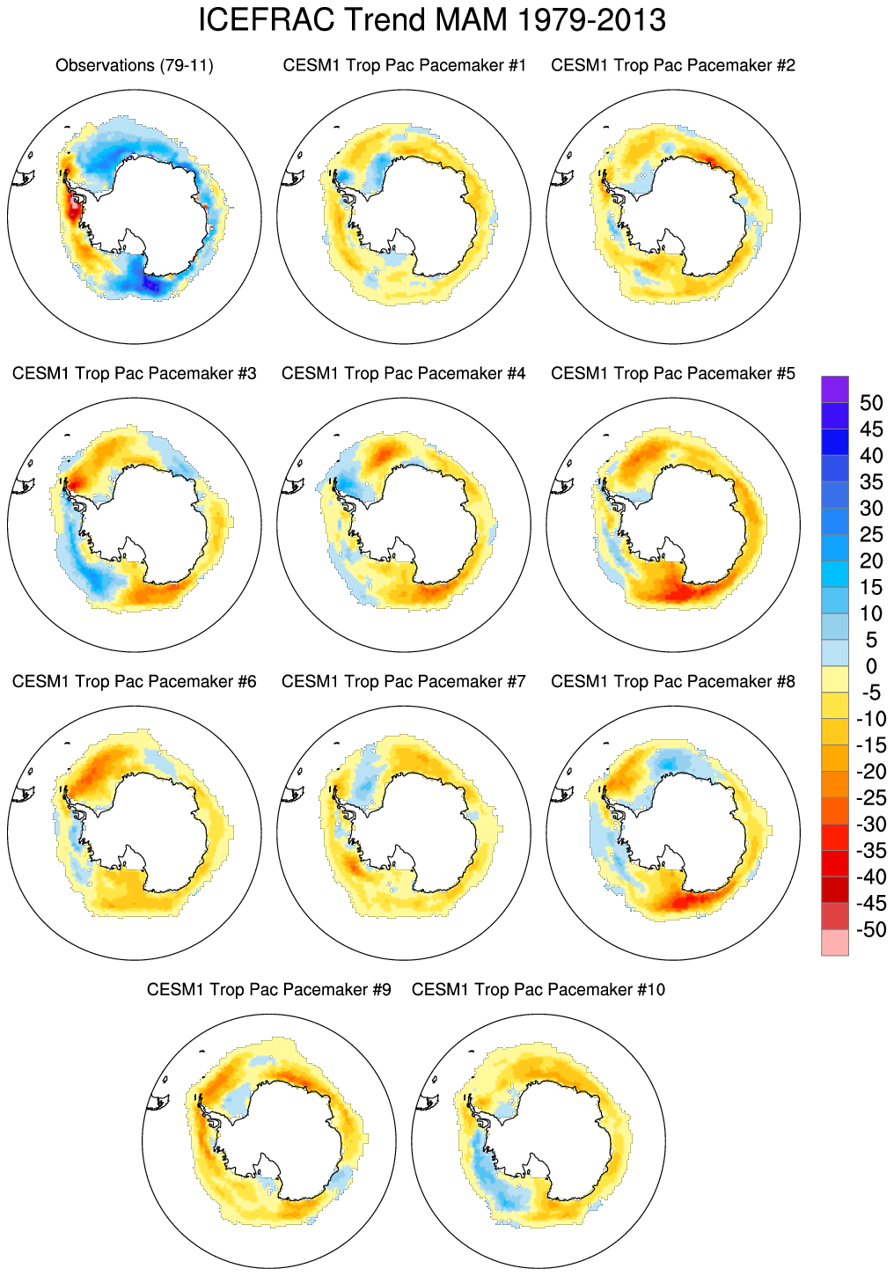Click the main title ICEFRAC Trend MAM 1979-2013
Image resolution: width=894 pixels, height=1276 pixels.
click(x=432, y=20)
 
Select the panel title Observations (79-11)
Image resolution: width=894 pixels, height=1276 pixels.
click(x=135, y=65)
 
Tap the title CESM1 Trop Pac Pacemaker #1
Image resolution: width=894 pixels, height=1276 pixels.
click(x=404, y=65)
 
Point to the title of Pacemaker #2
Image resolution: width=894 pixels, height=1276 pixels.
click(x=673, y=65)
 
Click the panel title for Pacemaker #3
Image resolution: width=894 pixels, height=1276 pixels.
click(x=135, y=373)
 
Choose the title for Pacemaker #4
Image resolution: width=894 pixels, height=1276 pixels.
click(x=404, y=373)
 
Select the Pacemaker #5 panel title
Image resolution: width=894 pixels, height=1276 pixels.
click(x=673, y=373)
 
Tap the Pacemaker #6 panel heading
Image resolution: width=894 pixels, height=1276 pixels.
click(x=135, y=681)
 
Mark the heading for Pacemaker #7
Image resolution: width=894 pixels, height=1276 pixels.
click(x=404, y=681)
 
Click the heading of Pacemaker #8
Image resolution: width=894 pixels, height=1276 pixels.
click(x=673, y=681)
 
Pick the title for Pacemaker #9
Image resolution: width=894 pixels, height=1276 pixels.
click(x=269, y=989)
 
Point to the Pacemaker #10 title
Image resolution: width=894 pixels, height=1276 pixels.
click(x=539, y=989)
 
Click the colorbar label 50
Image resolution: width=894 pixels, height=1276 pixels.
click(x=871, y=403)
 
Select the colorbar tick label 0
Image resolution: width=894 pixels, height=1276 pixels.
click(x=871, y=666)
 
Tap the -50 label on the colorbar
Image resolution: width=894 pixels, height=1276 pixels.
click(x=871, y=930)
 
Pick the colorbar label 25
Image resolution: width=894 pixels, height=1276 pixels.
click(x=871, y=534)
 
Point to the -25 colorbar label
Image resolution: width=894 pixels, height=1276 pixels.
click(x=871, y=798)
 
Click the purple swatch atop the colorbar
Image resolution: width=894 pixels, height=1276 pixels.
click(x=835, y=389)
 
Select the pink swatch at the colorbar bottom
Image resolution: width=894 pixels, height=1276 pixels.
click(x=835, y=943)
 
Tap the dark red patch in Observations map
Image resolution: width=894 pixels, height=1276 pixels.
click(x=73, y=209)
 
